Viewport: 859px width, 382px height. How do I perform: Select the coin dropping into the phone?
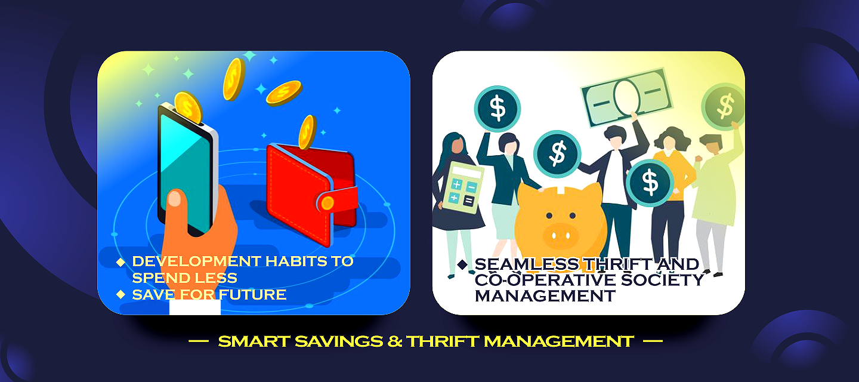coord(189,107)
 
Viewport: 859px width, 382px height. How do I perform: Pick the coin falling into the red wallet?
coord(307,132)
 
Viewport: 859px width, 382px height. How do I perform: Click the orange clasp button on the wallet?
coord(327,203)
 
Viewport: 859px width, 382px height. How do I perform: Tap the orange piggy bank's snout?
coord(561,233)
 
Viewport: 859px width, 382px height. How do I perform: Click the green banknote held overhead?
coord(625,95)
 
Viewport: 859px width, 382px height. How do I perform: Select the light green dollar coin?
coord(724,106)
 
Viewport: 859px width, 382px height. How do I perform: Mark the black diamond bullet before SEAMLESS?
coord(462,264)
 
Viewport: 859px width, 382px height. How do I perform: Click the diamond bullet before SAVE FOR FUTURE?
coord(120,294)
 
